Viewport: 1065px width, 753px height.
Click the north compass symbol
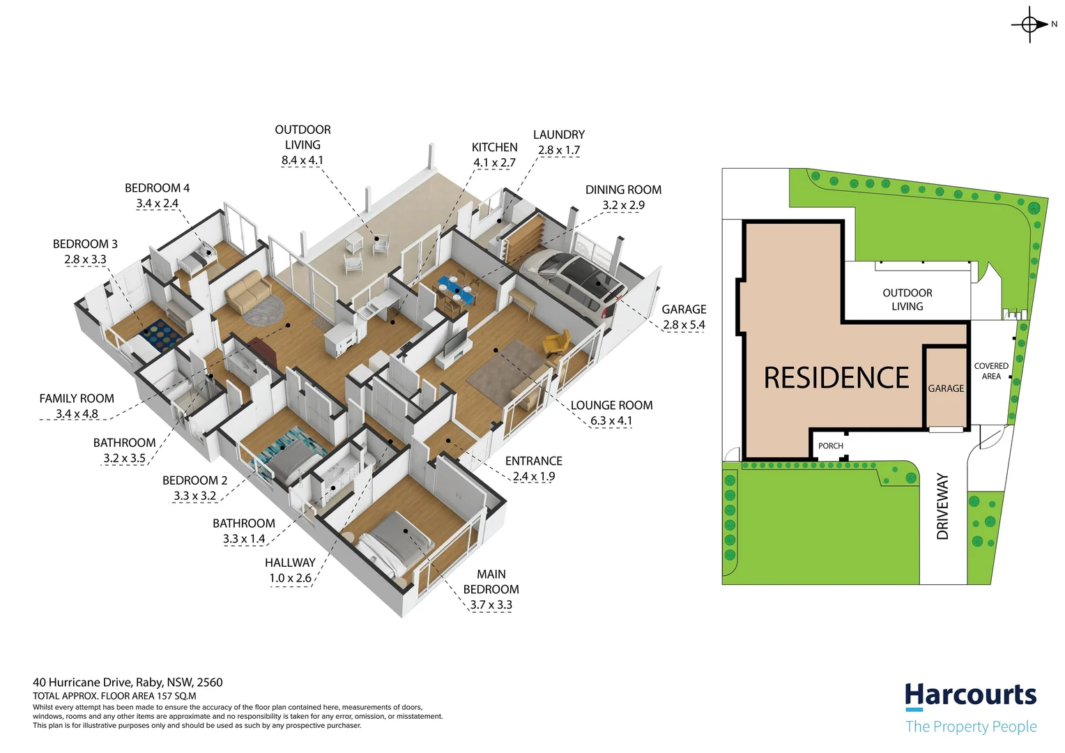coord(1030,24)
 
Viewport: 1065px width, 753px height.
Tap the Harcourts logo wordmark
coord(970,695)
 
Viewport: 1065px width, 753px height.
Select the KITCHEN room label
coord(494,147)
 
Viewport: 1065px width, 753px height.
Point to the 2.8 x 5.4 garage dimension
coord(684,325)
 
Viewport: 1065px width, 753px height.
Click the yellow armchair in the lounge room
coord(556,343)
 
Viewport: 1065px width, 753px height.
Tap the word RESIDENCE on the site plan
coord(836,378)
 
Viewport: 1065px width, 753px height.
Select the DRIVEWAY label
coord(942,506)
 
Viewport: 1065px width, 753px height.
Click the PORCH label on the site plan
coord(830,446)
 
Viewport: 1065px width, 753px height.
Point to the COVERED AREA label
coord(990,371)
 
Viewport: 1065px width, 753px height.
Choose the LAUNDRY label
coord(558,135)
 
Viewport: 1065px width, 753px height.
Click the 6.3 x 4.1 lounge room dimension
coord(611,421)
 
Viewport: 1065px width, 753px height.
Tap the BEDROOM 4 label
coord(157,188)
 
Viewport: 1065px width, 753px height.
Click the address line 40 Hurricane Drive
coord(128,683)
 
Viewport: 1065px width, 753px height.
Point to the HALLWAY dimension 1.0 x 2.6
coord(290,578)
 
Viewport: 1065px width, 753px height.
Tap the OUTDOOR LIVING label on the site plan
coord(907,300)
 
